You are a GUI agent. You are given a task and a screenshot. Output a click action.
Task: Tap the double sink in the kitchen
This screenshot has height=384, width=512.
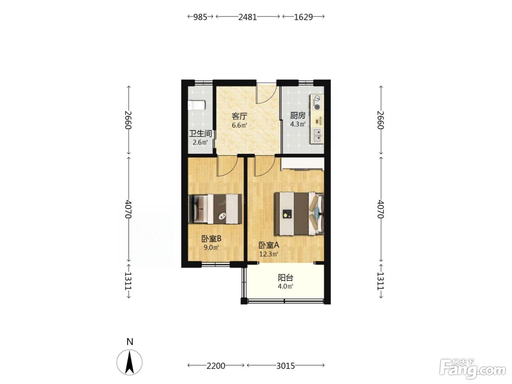pyautogui.click(x=316, y=135)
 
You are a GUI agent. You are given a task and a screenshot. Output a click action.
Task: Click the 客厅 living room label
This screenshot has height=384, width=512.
pyautogui.click(x=239, y=116)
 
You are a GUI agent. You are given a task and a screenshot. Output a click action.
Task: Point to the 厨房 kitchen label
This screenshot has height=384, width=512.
pyautogui.click(x=298, y=116)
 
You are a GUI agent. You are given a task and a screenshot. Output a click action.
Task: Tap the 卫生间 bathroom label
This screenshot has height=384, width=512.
pyautogui.click(x=200, y=133)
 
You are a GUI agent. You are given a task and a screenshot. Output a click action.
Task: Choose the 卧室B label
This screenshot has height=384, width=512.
pyautogui.click(x=211, y=239)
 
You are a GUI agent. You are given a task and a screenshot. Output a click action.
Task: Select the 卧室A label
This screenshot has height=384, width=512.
pyautogui.click(x=269, y=245)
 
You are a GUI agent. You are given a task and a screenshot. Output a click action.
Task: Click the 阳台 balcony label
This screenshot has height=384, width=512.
pyautogui.click(x=285, y=278)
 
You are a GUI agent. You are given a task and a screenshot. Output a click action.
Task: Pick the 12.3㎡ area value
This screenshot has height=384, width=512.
pyautogui.click(x=269, y=254)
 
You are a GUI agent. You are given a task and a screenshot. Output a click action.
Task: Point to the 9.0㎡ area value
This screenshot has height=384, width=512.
pyautogui.click(x=211, y=248)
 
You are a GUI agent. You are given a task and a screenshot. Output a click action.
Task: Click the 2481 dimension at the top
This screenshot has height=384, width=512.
pyautogui.click(x=248, y=17)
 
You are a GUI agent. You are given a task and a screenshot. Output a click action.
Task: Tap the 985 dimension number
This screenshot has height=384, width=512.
pyautogui.click(x=200, y=17)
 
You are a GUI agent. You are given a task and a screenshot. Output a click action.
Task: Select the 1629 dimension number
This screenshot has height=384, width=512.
pyautogui.click(x=303, y=17)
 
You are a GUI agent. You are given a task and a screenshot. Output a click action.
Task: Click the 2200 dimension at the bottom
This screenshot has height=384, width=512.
pyautogui.click(x=216, y=366)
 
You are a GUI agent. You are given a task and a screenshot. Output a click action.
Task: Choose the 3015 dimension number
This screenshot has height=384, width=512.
pyautogui.click(x=286, y=366)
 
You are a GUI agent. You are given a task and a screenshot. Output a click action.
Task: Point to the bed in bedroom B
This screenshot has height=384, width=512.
pyautogui.click(x=215, y=209)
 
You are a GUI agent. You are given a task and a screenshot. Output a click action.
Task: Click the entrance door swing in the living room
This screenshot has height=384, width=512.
pyautogui.click(x=266, y=95)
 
